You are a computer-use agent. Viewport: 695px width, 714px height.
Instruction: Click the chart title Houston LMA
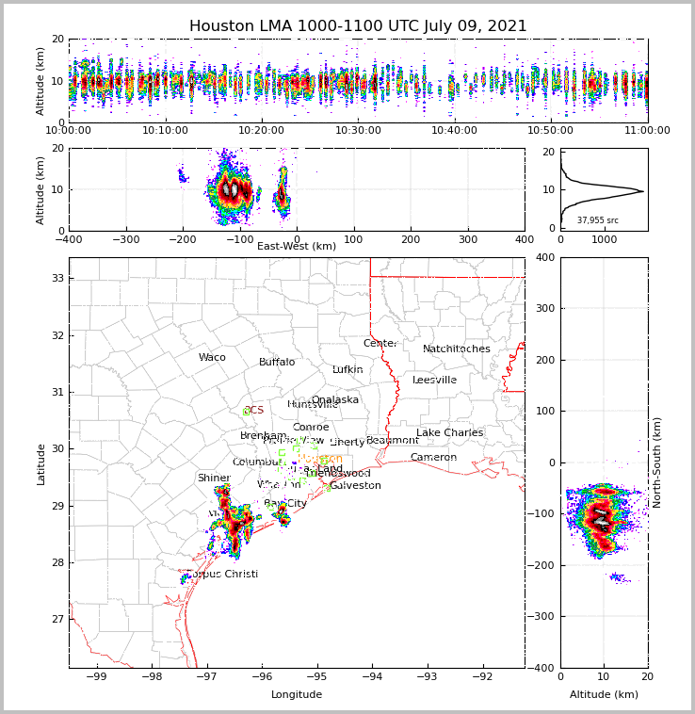358,26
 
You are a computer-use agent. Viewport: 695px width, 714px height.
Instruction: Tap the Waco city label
212,358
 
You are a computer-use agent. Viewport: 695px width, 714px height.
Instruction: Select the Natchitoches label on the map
457,349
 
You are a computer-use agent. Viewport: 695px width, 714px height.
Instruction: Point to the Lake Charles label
449,433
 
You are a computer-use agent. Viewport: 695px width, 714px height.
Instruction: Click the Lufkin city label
347,370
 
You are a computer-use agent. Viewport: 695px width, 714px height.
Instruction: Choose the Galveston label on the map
356,486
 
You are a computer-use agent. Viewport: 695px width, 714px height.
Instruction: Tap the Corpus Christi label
223,575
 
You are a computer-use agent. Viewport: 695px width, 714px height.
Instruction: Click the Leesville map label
434,381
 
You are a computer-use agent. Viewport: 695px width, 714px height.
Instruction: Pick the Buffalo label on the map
277,363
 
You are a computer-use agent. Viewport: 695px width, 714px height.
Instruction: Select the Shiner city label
213,479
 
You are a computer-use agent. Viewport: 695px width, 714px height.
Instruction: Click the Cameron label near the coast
433,458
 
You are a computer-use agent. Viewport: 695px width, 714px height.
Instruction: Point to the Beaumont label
393,441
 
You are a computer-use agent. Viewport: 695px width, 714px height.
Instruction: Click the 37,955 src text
598,220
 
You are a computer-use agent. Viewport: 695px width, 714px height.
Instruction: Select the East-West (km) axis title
297,246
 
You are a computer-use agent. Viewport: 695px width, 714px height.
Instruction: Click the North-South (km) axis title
657,462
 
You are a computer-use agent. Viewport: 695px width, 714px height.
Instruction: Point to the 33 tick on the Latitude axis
57,278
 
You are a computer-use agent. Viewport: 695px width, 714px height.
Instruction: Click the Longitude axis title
297,694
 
